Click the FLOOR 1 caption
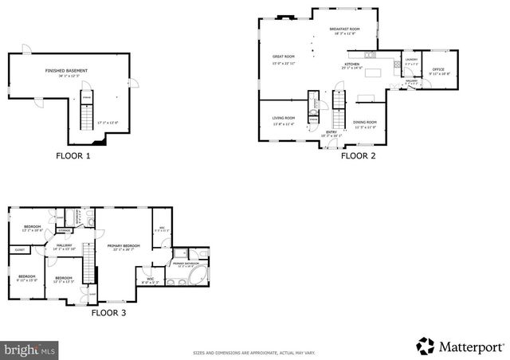[x=73, y=156]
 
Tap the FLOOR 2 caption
[x=358, y=156]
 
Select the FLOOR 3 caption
[x=108, y=313]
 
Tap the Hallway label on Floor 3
[x=64, y=247]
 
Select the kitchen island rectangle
[x=367, y=99]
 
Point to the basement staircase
[x=87, y=119]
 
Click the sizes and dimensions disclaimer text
[x=255, y=352]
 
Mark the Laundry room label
[x=411, y=61]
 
